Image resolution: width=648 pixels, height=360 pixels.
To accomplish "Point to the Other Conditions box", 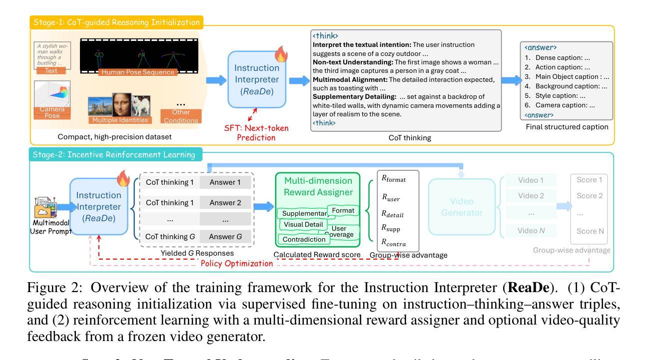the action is click(x=179, y=116).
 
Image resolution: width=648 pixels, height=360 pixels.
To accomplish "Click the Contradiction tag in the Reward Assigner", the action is click(x=302, y=239).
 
